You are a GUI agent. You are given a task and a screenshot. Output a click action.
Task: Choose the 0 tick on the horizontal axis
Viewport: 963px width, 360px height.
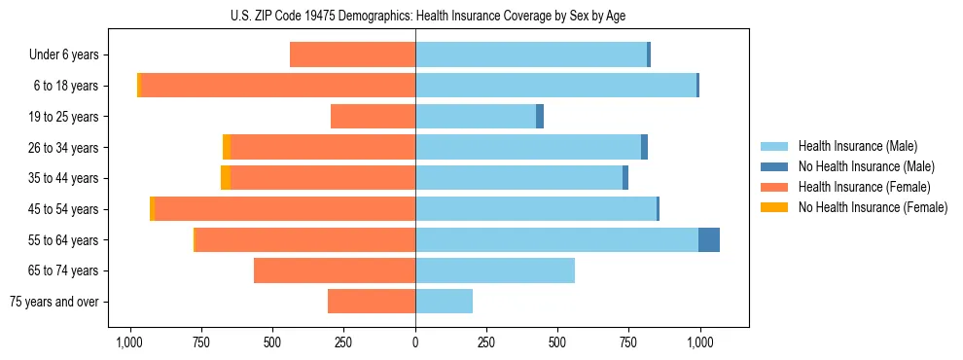[415, 342]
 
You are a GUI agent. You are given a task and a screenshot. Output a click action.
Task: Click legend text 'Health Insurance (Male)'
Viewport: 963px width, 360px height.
[857, 146]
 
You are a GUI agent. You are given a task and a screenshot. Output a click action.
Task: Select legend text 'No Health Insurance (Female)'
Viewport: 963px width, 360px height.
[873, 207]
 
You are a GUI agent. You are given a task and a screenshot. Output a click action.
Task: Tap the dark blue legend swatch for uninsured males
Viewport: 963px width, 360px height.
[775, 166]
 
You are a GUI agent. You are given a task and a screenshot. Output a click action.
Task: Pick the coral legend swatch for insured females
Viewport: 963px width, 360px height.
[775, 187]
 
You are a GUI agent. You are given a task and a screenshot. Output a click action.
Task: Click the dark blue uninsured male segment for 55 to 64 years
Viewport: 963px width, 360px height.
[709, 239]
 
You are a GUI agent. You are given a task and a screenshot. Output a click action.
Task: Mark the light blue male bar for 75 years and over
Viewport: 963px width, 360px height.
[444, 302]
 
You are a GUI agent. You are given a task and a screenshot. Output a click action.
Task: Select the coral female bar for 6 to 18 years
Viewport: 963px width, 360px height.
[278, 86]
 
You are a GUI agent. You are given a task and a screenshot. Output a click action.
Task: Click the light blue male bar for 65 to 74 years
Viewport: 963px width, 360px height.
[495, 270]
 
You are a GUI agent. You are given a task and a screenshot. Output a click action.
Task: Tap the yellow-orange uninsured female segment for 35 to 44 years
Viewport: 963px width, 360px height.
[226, 178]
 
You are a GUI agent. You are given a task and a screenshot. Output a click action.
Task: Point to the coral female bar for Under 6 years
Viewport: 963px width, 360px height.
[352, 55]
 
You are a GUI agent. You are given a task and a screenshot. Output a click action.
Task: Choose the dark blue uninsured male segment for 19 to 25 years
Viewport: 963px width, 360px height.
[540, 117]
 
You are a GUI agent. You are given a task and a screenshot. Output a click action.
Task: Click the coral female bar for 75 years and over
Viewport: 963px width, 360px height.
[372, 302]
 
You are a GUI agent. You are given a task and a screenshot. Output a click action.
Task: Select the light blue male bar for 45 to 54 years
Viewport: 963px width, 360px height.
[536, 209]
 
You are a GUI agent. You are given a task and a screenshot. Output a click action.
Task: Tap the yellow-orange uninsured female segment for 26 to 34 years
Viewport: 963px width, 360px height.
[227, 147]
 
